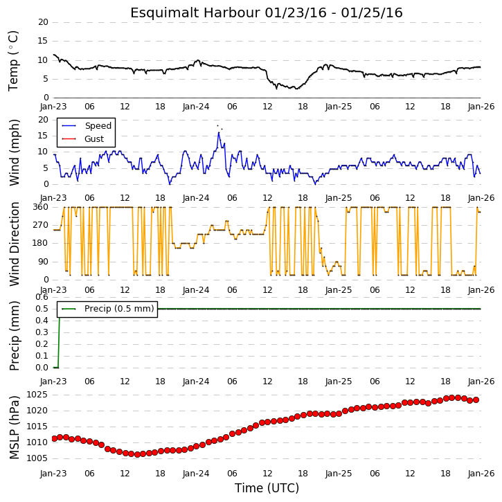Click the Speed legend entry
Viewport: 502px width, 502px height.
tap(87, 126)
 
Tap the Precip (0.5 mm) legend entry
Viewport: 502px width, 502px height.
tap(107, 309)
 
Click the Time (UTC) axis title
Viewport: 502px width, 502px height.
tap(267, 488)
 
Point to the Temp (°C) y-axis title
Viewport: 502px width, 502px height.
tap(13, 61)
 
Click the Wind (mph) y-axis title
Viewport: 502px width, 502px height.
tap(14, 152)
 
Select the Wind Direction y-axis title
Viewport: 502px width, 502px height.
tap(14, 244)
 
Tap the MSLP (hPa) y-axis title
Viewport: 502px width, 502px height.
tap(14, 427)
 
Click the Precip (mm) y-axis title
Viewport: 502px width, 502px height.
tap(14, 336)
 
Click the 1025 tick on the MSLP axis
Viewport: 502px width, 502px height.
tap(37, 395)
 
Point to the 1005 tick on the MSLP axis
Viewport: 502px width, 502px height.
tap(37, 458)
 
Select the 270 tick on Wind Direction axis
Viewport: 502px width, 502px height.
tap(41, 225)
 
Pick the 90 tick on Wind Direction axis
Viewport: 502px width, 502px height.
tap(43, 262)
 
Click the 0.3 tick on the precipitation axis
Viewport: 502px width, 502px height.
tap(42, 332)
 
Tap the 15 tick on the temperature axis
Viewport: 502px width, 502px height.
tap(43, 41)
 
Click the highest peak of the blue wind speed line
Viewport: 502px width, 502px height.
tap(219, 132)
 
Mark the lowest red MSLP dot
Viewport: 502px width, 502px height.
tap(137, 455)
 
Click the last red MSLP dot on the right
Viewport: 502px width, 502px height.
tap(476, 400)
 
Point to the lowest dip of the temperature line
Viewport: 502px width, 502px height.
tap(296, 89)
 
